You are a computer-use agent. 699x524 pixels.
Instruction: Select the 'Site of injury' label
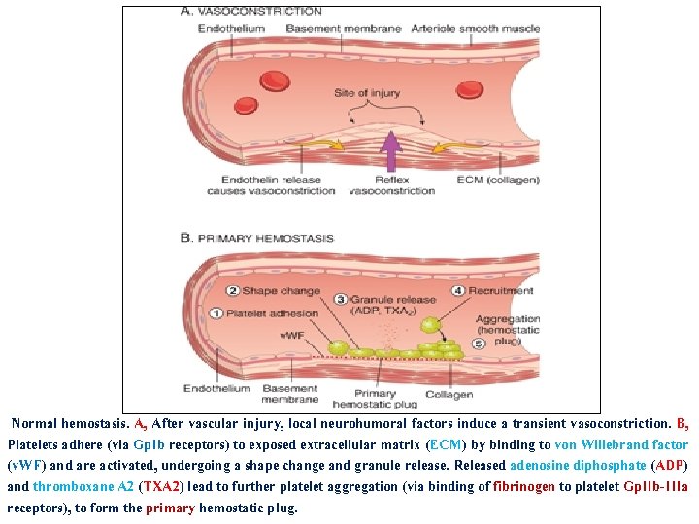[x=366, y=93]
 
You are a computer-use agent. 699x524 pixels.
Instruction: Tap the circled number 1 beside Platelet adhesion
[x=216, y=313]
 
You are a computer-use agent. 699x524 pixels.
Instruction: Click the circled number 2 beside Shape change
[x=233, y=291]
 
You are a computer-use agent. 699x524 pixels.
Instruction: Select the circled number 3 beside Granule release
[x=341, y=300]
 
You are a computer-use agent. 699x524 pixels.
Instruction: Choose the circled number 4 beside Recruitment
[x=457, y=290]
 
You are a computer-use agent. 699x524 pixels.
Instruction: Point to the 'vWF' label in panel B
[x=292, y=336]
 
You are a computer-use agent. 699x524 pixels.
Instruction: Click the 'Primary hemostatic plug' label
[x=374, y=399]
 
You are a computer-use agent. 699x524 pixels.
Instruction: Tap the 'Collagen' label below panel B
[x=449, y=394]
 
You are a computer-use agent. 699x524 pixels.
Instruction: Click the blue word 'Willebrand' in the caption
[x=616, y=445]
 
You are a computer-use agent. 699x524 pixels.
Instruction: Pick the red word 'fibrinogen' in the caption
[x=524, y=487]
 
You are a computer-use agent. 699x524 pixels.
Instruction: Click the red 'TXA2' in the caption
[x=161, y=487]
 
